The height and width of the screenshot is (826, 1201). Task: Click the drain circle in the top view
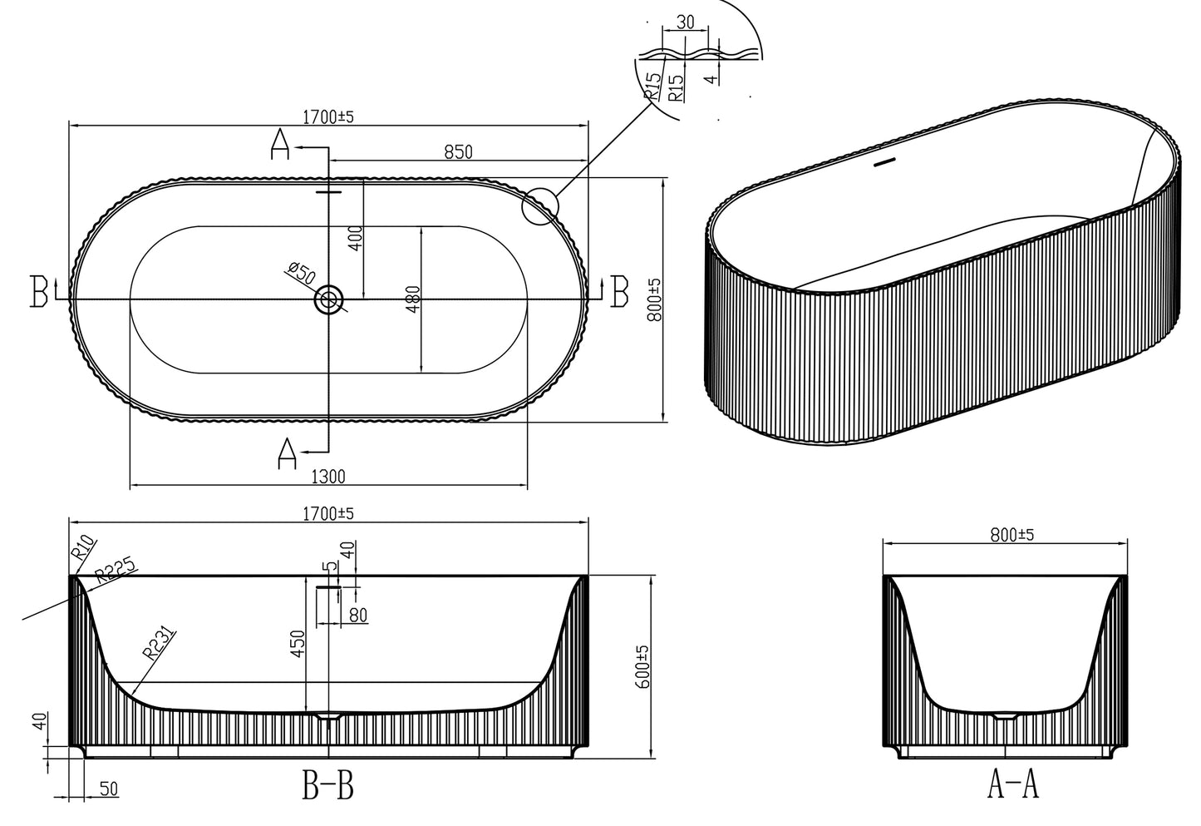click(x=329, y=299)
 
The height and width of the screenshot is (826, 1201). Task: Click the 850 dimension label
click(x=458, y=151)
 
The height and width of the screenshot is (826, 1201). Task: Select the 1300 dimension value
click(x=327, y=477)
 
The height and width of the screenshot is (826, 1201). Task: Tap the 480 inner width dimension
click(x=413, y=299)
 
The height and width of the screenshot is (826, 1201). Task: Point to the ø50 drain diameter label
click(x=300, y=271)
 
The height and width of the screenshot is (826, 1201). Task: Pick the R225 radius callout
click(x=115, y=572)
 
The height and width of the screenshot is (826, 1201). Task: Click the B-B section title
click(x=327, y=785)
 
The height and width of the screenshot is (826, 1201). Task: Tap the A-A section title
click(x=1012, y=784)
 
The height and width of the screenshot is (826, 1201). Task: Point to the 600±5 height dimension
click(x=642, y=666)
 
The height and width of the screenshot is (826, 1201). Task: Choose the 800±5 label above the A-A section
click(x=1011, y=535)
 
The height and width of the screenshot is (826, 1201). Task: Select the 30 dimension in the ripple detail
click(x=686, y=22)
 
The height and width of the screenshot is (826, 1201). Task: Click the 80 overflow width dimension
click(x=358, y=615)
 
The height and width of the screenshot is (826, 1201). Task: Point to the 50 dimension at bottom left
click(x=108, y=789)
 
